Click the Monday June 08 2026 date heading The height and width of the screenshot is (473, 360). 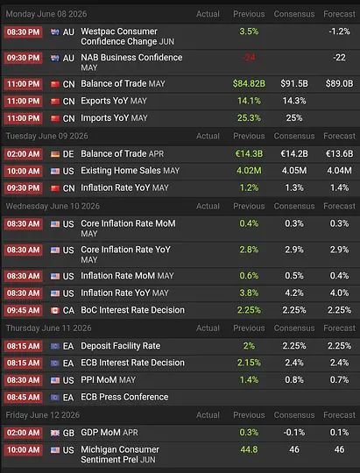[46, 14]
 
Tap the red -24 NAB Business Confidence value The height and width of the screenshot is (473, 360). [249, 57]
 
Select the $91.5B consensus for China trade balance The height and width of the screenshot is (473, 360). [294, 83]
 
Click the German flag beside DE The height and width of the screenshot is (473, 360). [55, 154]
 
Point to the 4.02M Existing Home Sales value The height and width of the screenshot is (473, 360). [249, 171]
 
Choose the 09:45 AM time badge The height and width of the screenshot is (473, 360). [24, 310]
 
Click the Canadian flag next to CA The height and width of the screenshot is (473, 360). [55, 310]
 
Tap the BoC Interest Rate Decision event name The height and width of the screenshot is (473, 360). [132, 310]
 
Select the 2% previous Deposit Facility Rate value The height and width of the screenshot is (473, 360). [249, 346]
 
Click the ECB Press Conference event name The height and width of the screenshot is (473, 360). [124, 397]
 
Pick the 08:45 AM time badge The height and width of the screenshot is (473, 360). [24, 397]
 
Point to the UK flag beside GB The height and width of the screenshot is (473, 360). [55, 433]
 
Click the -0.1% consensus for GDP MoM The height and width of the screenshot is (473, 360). [294, 433]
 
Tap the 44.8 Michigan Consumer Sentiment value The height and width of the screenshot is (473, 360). [249, 449]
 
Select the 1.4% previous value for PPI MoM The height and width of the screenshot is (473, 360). [249, 380]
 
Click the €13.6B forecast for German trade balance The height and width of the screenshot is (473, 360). [339, 154]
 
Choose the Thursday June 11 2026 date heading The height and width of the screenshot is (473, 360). [48, 328]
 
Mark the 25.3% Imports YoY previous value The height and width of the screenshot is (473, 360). [249, 118]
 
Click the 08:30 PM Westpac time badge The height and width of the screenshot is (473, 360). [24, 32]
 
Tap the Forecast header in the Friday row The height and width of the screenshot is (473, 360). [340, 415]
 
